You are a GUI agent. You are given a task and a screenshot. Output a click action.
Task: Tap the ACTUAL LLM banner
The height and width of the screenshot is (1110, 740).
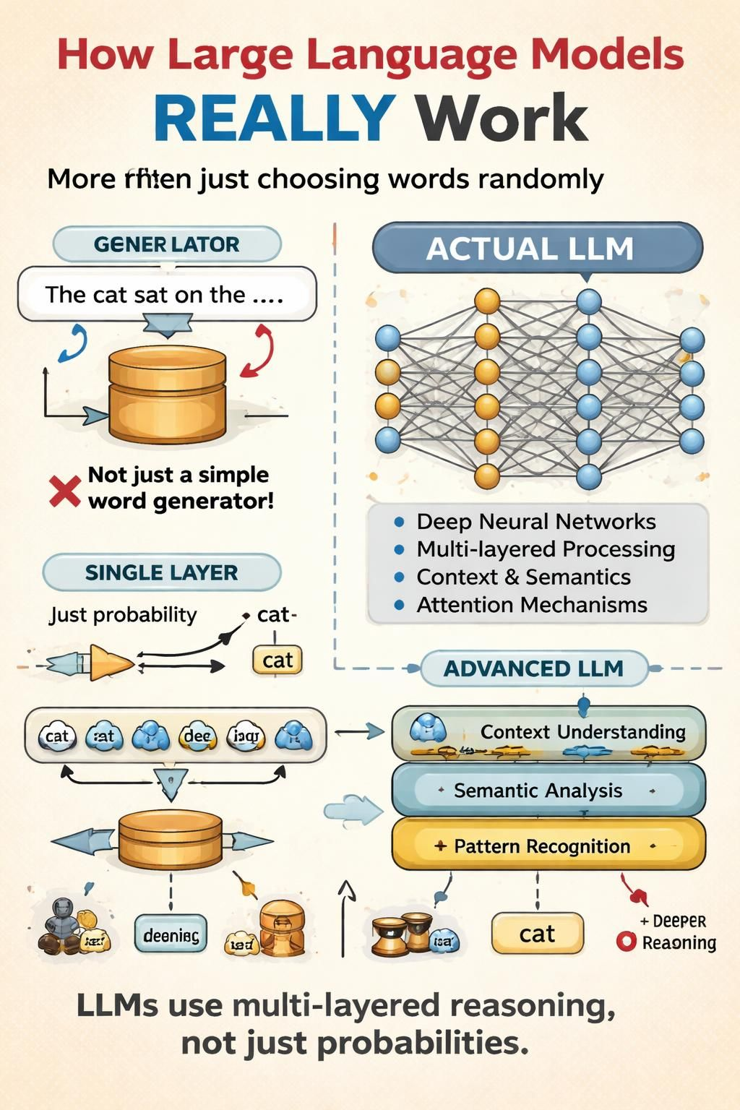pyautogui.click(x=537, y=249)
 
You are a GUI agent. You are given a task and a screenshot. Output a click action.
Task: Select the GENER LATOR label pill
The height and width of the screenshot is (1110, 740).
pyautogui.click(x=166, y=244)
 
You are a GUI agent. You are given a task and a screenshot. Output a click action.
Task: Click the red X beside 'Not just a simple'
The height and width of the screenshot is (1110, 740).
pyautogui.click(x=64, y=491)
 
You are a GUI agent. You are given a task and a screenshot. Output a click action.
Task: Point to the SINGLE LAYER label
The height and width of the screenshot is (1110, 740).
pyautogui.click(x=161, y=572)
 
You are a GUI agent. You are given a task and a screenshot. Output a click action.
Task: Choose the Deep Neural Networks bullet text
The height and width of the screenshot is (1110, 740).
pyautogui.click(x=535, y=522)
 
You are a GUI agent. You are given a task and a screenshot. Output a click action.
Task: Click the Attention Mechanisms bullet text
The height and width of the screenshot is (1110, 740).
pyautogui.click(x=531, y=605)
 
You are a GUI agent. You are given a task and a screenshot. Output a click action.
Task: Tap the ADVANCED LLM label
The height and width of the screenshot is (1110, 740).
pyautogui.click(x=533, y=668)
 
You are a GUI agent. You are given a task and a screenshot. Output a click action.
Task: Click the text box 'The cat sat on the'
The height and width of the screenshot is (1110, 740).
pyautogui.click(x=166, y=294)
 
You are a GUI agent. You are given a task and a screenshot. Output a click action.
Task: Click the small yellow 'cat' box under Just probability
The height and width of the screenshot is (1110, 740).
pyautogui.click(x=277, y=660)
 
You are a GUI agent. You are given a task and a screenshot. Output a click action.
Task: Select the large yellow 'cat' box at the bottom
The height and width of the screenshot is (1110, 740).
pyautogui.click(x=537, y=934)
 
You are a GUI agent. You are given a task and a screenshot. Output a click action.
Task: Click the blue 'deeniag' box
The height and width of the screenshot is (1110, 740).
pyautogui.click(x=171, y=936)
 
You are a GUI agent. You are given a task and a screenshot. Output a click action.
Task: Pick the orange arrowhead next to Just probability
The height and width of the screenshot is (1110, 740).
pyautogui.click(x=110, y=663)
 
